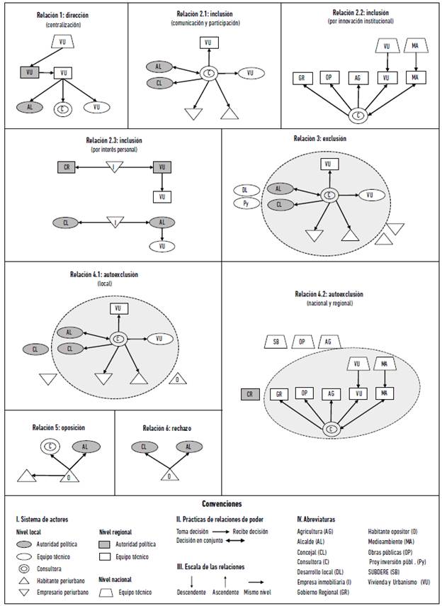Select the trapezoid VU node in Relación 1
tap(64, 43)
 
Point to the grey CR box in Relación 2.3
tap(66, 167)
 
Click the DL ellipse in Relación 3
tap(244, 190)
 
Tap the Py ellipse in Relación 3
tap(244, 204)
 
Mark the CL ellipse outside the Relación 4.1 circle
tap(35, 349)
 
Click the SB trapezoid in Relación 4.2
tap(276, 342)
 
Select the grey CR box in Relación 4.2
tap(249, 393)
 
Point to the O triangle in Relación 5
tap(69, 477)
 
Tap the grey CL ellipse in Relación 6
tap(144, 447)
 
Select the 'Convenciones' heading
tap(221, 504)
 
